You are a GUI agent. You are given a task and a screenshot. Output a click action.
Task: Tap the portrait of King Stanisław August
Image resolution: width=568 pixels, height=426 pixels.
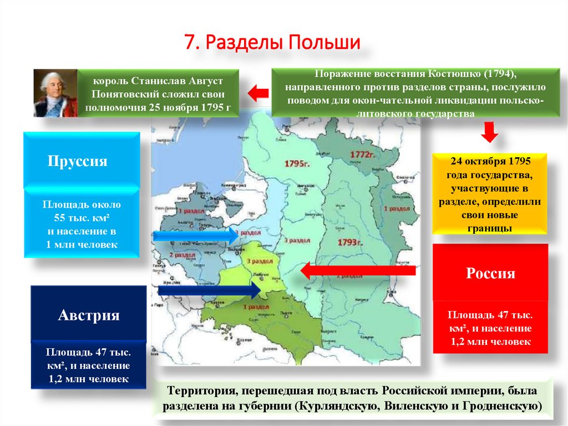[x=54, y=93]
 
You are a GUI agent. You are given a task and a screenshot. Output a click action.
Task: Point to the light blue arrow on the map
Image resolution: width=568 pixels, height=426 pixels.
[x=195, y=236]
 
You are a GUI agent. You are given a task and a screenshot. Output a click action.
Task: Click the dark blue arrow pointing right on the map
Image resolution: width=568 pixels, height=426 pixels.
[x=210, y=289]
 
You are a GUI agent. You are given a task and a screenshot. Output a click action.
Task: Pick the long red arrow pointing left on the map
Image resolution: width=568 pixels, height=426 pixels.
[x=358, y=270]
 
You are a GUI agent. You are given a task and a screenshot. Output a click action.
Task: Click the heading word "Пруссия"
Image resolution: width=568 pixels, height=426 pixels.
[x=78, y=162]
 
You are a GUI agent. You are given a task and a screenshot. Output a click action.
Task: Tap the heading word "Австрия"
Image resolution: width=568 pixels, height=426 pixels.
[x=89, y=315]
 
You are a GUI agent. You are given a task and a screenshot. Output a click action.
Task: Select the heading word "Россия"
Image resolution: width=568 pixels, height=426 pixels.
[x=490, y=273]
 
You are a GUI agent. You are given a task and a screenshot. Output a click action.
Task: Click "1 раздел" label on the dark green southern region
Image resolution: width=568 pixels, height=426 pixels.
[x=256, y=307]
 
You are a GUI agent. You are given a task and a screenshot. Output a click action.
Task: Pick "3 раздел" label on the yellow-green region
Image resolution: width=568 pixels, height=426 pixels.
[x=256, y=261]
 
